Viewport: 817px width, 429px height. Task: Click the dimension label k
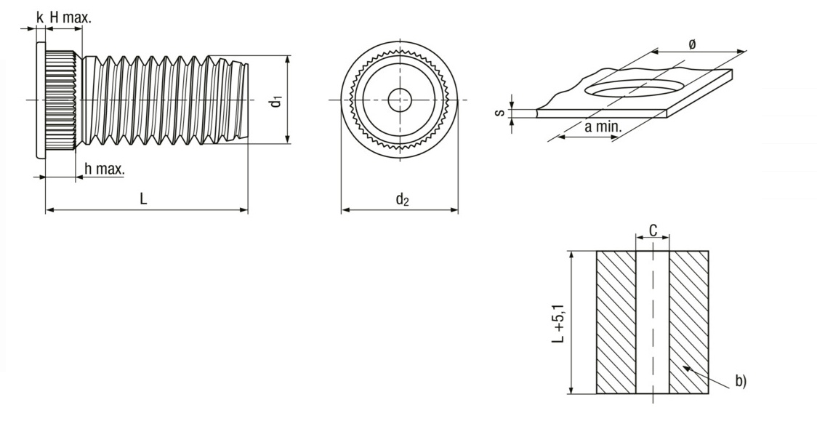39,15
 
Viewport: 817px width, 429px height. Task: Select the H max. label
71,16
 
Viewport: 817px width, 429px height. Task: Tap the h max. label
104,169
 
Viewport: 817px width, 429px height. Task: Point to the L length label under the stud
144,199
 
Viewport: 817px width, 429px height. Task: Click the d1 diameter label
275,100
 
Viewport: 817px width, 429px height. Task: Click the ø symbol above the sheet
691,44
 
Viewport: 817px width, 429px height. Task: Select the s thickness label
499,113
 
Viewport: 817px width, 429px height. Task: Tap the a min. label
603,127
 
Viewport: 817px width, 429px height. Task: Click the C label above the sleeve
653,230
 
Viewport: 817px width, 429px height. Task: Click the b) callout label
739,380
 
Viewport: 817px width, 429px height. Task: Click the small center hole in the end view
399,100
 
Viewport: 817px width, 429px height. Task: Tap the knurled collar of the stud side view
60,100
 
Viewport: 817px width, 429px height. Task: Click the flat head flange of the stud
39,100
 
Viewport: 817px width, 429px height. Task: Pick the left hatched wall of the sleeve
616,322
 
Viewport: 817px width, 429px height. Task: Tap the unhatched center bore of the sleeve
653,322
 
